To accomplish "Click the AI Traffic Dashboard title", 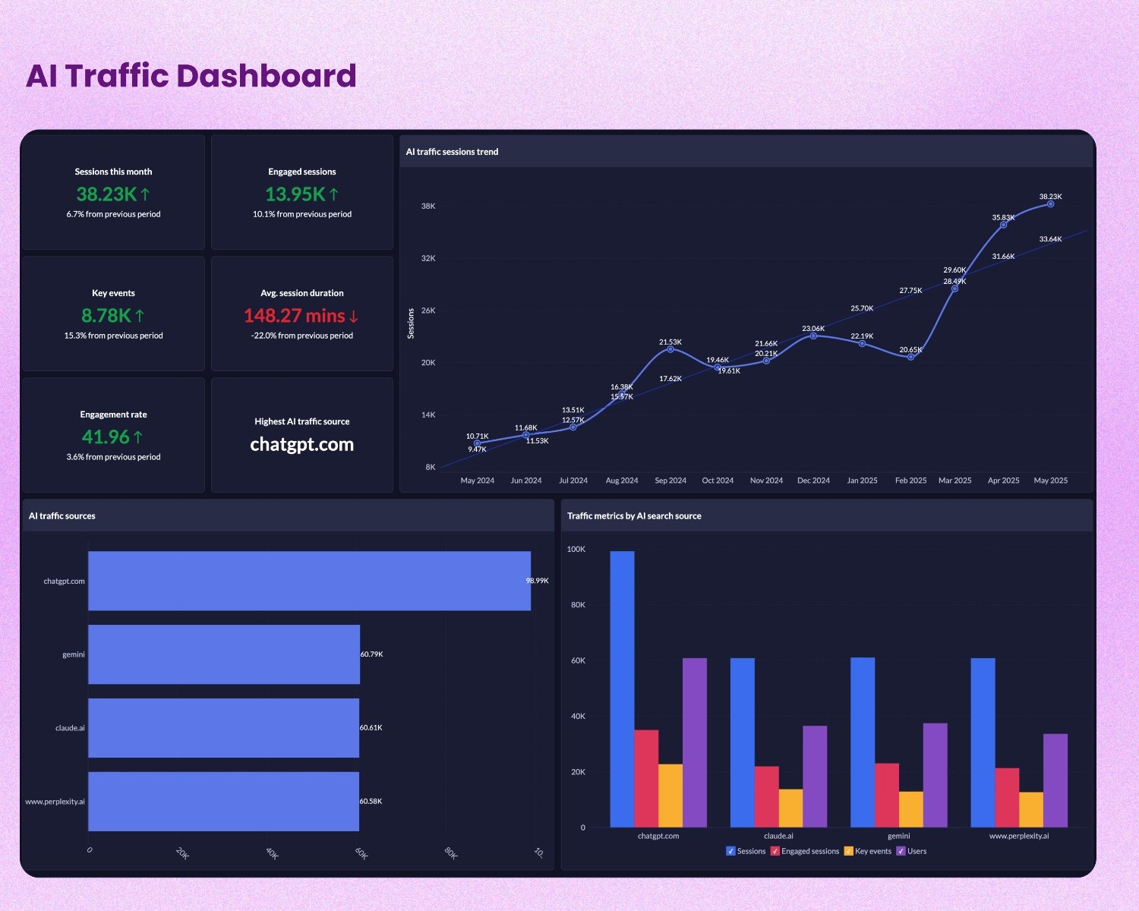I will coord(191,76).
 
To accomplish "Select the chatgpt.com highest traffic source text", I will coord(301,444).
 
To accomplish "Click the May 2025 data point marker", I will coord(1051,204).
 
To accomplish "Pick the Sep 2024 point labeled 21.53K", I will coord(670,349).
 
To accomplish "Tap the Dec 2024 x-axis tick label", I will coord(813,481).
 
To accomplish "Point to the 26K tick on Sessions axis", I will coord(428,310).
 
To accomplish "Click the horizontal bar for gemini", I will coord(224,654).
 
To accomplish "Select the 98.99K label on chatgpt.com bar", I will coord(537,581).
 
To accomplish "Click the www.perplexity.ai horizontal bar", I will coord(224,802).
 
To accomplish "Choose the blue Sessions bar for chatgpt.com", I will coord(622,689).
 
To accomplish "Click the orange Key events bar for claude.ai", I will coord(790,809).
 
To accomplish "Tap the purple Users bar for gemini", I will coord(935,775).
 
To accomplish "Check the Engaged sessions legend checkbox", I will coord(775,851).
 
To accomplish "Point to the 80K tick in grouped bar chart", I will coord(578,605).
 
